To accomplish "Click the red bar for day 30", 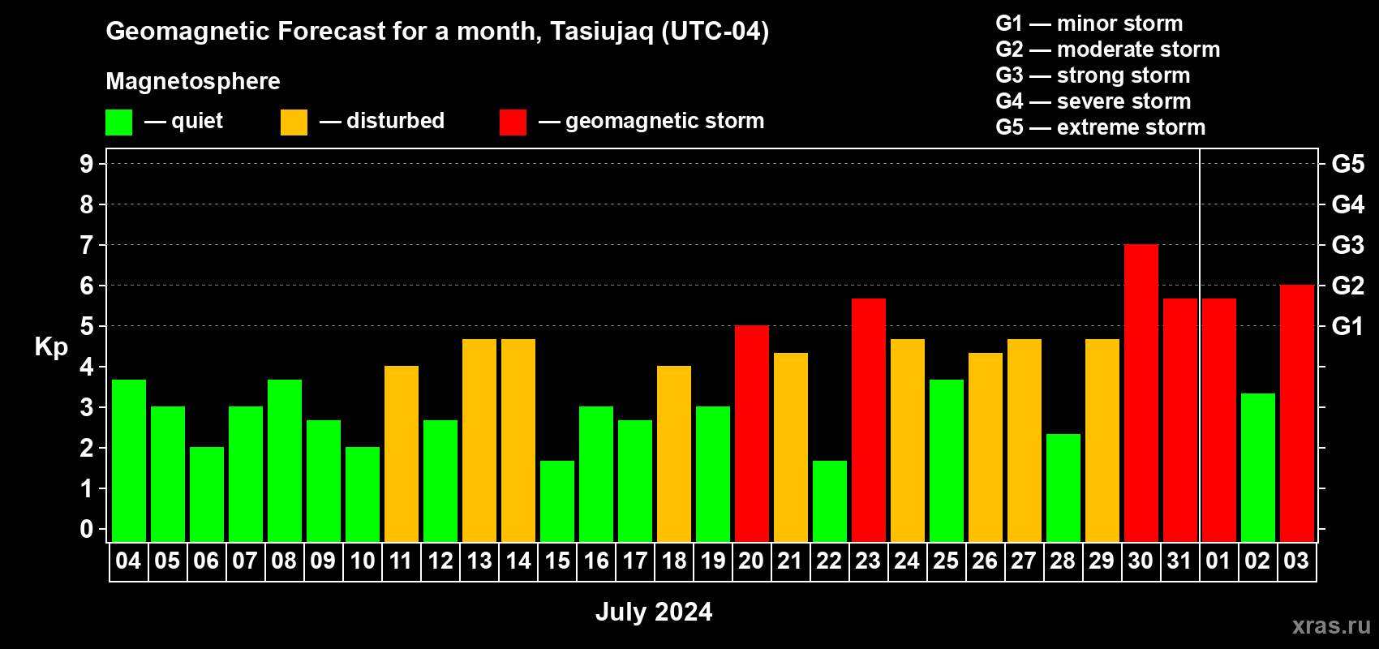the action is click(x=1141, y=393).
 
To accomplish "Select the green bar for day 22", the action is click(x=829, y=501).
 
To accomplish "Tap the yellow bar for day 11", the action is click(x=401, y=453).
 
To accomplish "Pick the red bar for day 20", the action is click(x=752, y=433).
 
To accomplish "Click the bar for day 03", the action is click(x=1296, y=413).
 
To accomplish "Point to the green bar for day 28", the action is click(x=1063, y=488).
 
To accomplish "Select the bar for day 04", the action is click(x=129, y=461).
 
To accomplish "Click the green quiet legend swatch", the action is click(x=118, y=122).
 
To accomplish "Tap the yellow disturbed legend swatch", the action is click(x=294, y=122).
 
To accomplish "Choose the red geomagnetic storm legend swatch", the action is click(x=513, y=122).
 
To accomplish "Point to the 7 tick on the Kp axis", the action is click(x=86, y=245).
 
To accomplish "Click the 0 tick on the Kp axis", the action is click(x=86, y=529).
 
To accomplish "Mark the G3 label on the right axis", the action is click(x=1348, y=245).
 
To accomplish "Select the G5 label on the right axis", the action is click(x=1348, y=164).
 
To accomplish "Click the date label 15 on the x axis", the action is click(x=557, y=561).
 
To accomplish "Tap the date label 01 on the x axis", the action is click(x=1218, y=561).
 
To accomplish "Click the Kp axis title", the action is click(x=51, y=347).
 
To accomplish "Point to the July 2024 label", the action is click(x=654, y=612).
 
